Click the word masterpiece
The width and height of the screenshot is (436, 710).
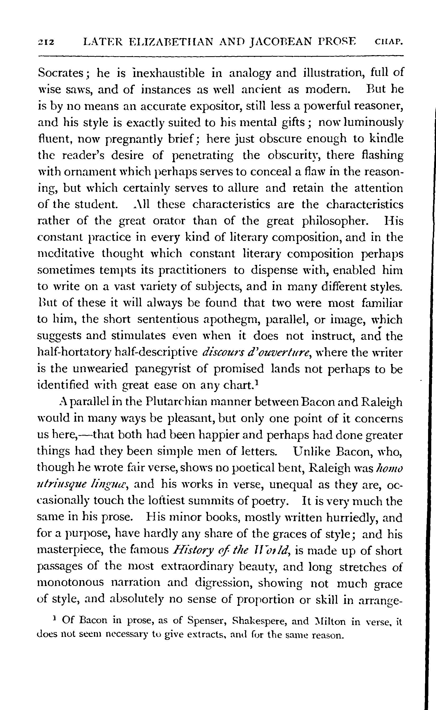[70, 550]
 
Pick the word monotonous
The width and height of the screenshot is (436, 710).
[71, 583]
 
